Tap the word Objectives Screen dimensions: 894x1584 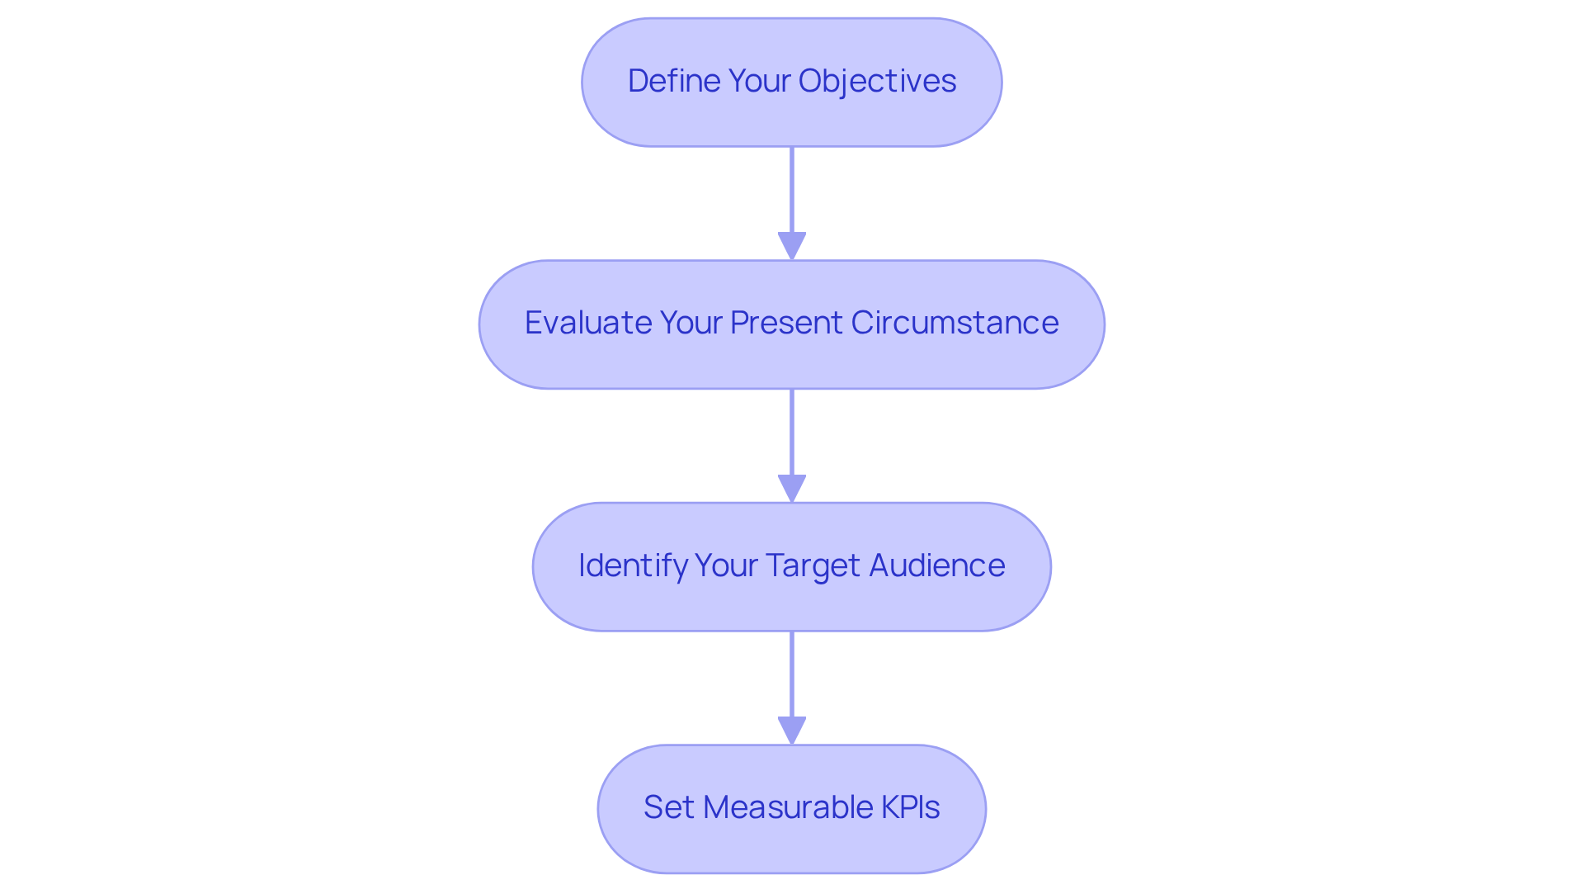point(877,81)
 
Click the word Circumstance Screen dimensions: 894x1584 point(955,323)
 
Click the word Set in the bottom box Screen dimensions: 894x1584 point(668,807)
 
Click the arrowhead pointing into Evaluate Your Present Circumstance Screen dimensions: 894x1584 point(792,245)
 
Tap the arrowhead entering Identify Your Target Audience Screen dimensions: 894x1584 point(792,488)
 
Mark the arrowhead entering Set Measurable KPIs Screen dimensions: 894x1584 point(792,730)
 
